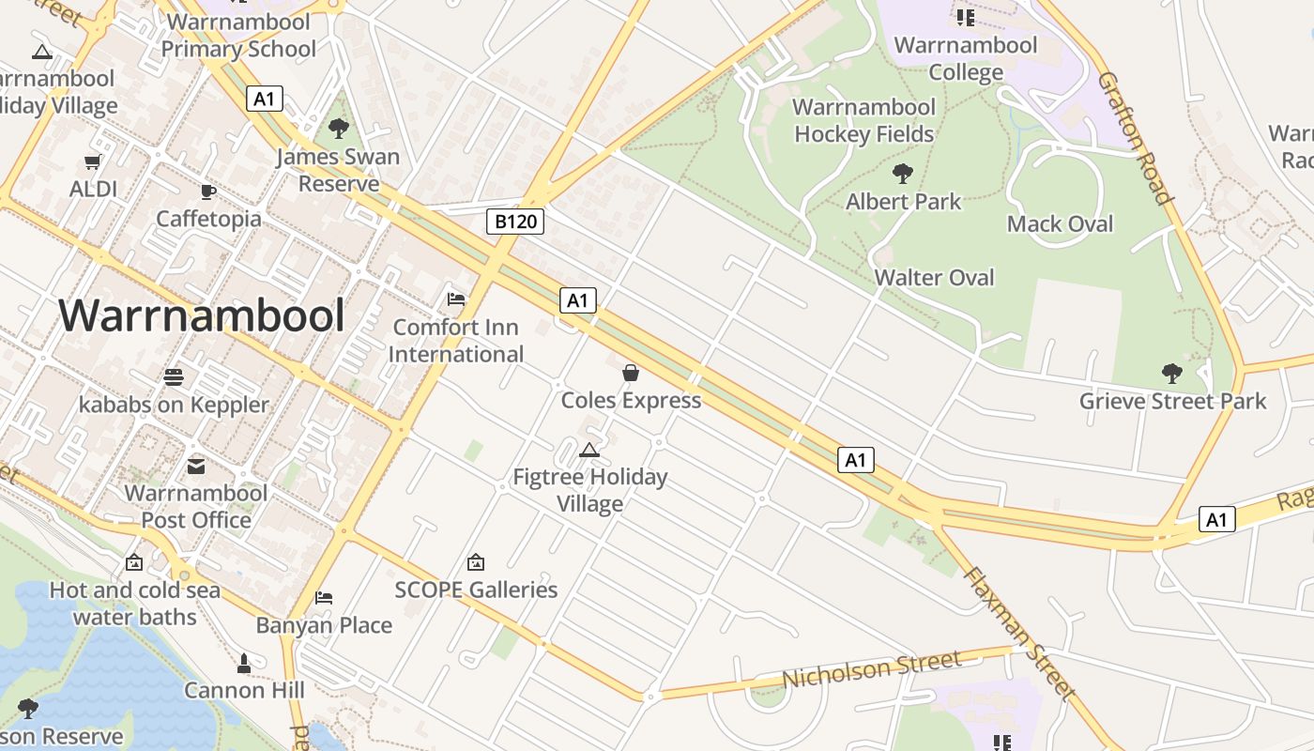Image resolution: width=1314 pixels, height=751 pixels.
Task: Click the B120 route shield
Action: tap(515, 222)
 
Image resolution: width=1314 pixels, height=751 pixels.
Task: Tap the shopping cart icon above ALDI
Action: tap(93, 162)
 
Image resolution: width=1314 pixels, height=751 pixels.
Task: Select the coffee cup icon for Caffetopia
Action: tap(208, 192)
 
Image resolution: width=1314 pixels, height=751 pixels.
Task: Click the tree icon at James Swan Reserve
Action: tap(338, 129)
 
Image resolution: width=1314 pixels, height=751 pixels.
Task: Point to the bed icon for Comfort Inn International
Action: tap(456, 299)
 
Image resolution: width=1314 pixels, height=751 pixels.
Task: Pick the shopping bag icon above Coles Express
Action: tap(631, 373)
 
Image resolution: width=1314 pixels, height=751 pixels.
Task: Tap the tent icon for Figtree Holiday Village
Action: tap(589, 450)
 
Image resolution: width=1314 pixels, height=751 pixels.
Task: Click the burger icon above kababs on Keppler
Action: tap(174, 377)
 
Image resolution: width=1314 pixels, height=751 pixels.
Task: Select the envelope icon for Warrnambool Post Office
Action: tap(196, 466)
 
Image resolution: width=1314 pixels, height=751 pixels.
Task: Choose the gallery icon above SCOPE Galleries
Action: tap(476, 562)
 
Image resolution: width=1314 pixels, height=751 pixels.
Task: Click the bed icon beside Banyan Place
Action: tap(324, 597)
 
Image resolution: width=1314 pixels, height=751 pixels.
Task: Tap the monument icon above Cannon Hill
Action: tap(244, 664)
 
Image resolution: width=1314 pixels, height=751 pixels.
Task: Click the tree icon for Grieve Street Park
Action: tap(1172, 374)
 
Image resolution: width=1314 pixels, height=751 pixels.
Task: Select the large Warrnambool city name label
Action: tap(202, 315)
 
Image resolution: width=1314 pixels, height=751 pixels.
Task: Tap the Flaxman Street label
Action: tap(1018, 633)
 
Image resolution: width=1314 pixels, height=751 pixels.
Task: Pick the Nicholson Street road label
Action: tap(872, 668)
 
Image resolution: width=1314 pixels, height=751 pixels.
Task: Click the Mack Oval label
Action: tap(1060, 223)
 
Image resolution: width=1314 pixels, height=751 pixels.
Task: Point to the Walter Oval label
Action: tap(934, 277)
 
